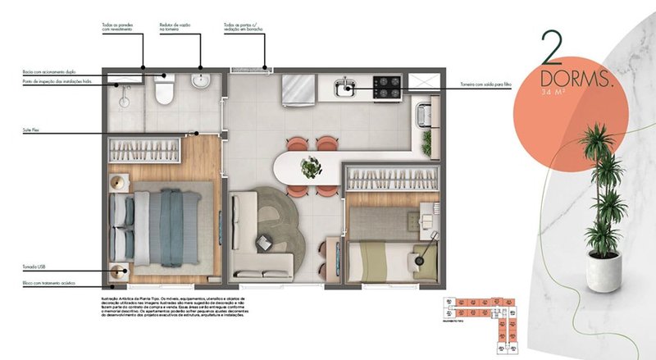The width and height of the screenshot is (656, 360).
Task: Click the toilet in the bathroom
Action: pyautogui.click(x=163, y=92)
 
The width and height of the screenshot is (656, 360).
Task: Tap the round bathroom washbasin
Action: pyautogui.click(x=201, y=81)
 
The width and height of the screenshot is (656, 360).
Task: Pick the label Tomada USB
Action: pyautogui.click(x=36, y=267)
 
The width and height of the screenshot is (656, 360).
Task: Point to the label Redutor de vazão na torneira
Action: pyautogui.click(x=175, y=28)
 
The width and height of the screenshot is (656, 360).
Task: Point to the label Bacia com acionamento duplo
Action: pyautogui.click(x=50, y=71)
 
